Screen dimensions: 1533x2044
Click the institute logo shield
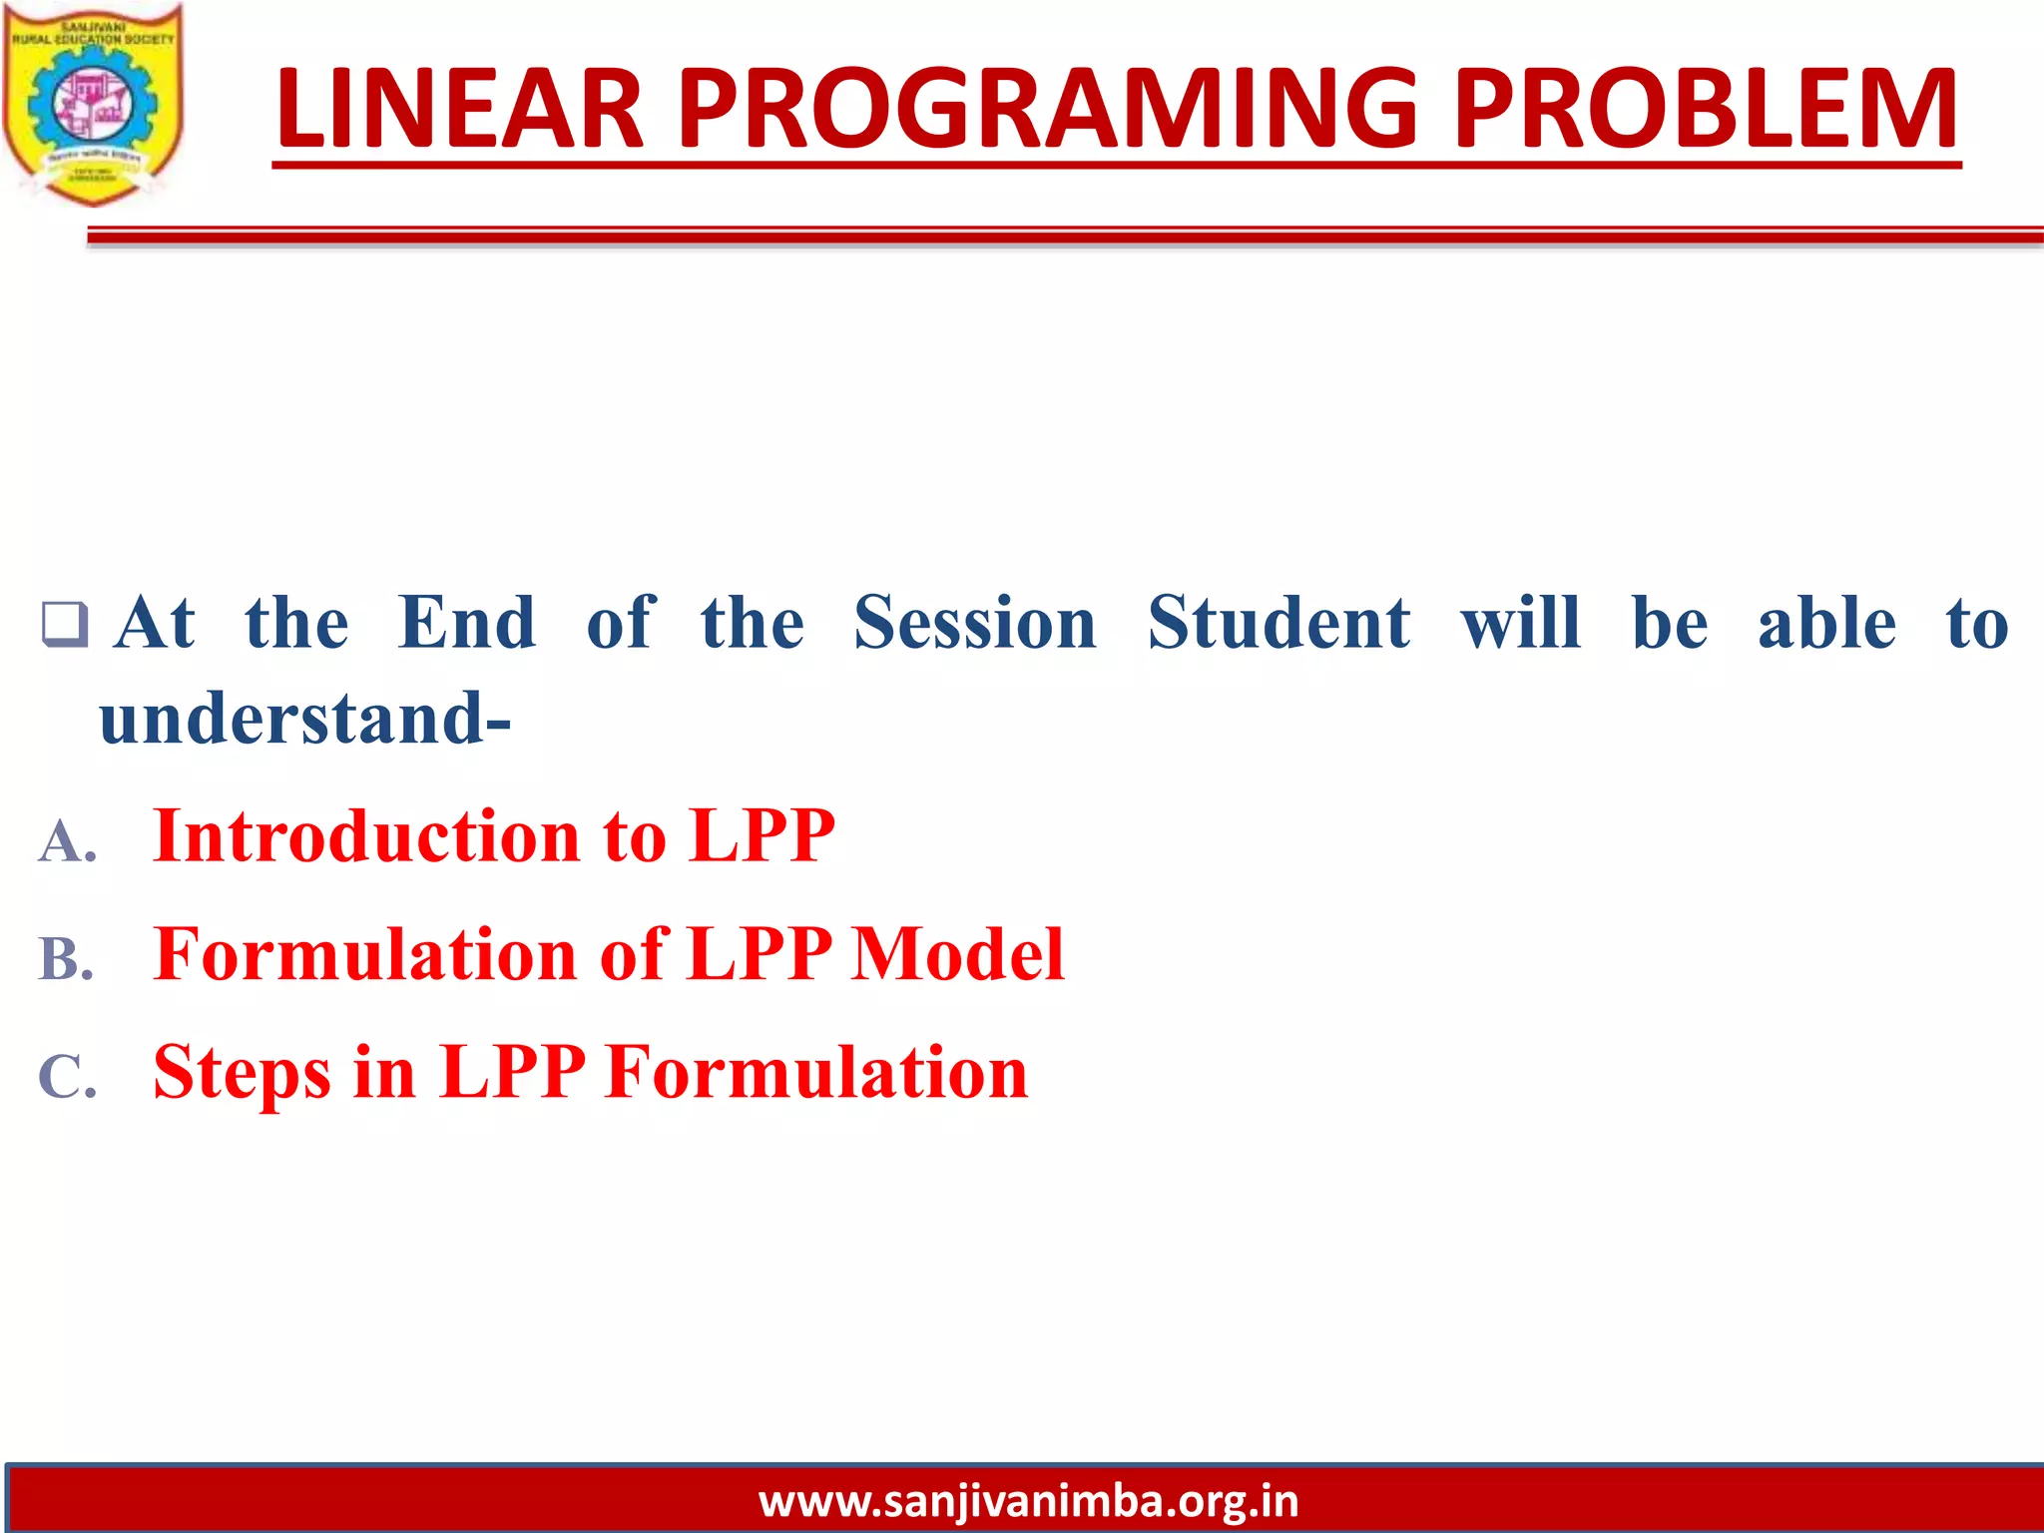pyautogui.click(x=93, y=105)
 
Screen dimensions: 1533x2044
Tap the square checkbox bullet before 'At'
pyautogui.click(x=65, y=625)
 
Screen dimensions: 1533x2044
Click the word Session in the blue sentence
pyautogui.click(x=975, y=623)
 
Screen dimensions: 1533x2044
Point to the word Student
pyautogui.click(x=1279, y=623)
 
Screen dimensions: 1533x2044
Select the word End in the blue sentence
pyautogui.click(x=467, y=623)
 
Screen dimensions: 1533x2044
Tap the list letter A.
pyautogui.click(x=67, y=841)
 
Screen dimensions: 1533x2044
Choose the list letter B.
pyautogui.click(x=66, y=959)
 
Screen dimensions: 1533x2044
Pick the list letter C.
pyautogui.click(x=67, y=1078)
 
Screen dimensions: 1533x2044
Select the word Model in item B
pyautogui.click(x=957, y=954)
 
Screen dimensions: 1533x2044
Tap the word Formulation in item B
pyautogui.click(x=365, y=954)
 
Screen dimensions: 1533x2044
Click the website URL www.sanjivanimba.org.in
pyautogui.click(x=1028, y=1501)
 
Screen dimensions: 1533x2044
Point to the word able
pyautogui.click(x=1826, y=623)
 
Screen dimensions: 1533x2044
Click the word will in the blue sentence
pyautogui.click(x=1521, y=623)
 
